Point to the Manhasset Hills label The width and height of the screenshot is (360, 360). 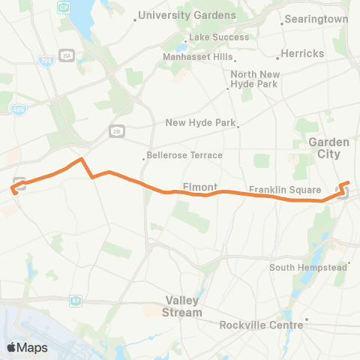[x=197, y=57]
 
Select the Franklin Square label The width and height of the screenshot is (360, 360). [x=285, y=190]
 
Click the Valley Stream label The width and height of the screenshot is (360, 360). [x=184, y=307]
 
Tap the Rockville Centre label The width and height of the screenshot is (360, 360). [x=261, y=325]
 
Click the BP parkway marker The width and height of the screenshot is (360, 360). [x=75, y=301]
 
